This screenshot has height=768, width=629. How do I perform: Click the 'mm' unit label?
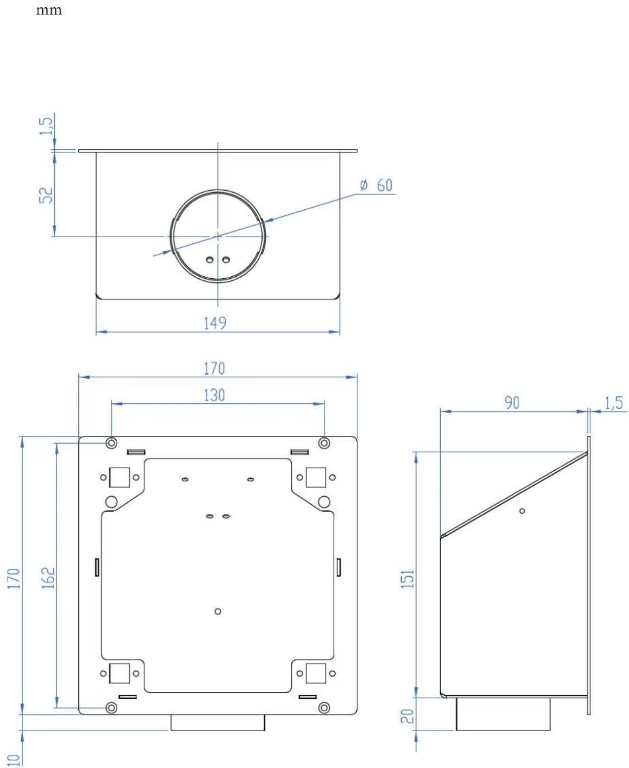[49, 10]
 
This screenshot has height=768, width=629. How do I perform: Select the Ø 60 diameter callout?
[376, 185]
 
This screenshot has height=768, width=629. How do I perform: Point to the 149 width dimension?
[214, 323]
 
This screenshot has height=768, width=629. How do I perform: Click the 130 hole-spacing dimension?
[214, 395]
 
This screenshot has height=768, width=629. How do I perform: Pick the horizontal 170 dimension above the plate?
[214, 368]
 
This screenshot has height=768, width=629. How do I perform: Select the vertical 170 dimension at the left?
[14, 578]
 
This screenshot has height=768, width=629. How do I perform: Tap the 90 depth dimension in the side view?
[512, 403]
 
